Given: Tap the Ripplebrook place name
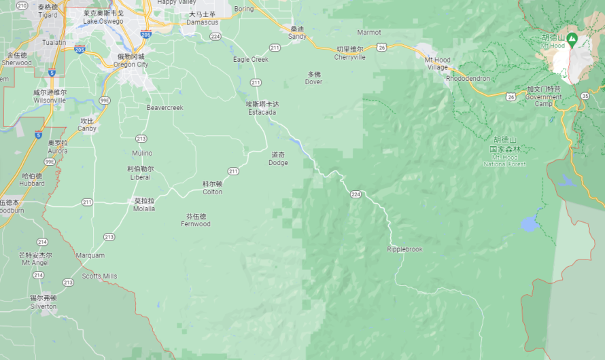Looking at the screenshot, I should coord(404,249).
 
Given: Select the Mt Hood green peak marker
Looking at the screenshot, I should coord(572,39).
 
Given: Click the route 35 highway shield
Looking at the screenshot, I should coord(585,95).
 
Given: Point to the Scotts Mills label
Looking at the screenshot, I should coord(99,276).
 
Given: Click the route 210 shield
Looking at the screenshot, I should coord(22,5).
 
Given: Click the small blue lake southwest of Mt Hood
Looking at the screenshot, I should coord(529,223).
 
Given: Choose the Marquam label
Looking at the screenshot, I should coord(90,255).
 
